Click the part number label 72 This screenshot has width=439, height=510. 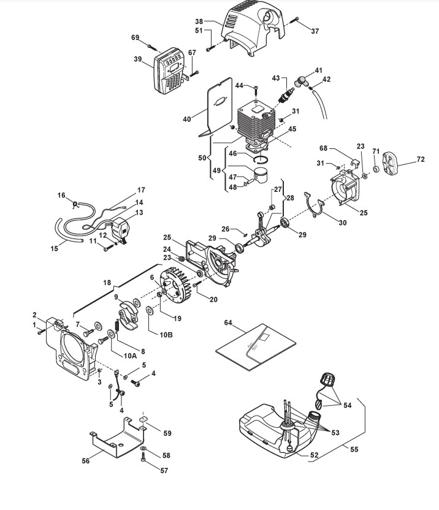421,159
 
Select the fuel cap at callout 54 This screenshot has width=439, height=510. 328,379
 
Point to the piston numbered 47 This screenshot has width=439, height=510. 262,176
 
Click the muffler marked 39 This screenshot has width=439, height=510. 170,72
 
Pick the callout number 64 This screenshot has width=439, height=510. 228,322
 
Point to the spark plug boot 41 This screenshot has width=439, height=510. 301,81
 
